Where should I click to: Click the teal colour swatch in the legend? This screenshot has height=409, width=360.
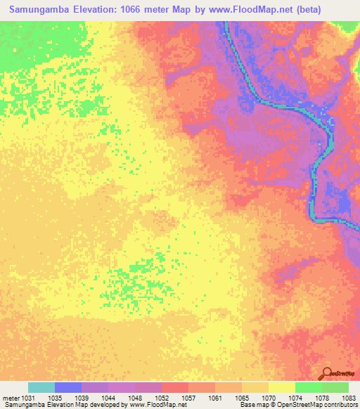[41, 387]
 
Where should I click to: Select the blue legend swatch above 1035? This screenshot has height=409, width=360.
[68, 387]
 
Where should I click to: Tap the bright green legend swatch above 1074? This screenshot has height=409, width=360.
[309, 387]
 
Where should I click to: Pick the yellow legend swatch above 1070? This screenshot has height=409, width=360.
[282, 387]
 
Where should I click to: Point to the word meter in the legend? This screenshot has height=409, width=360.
[11, 397]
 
